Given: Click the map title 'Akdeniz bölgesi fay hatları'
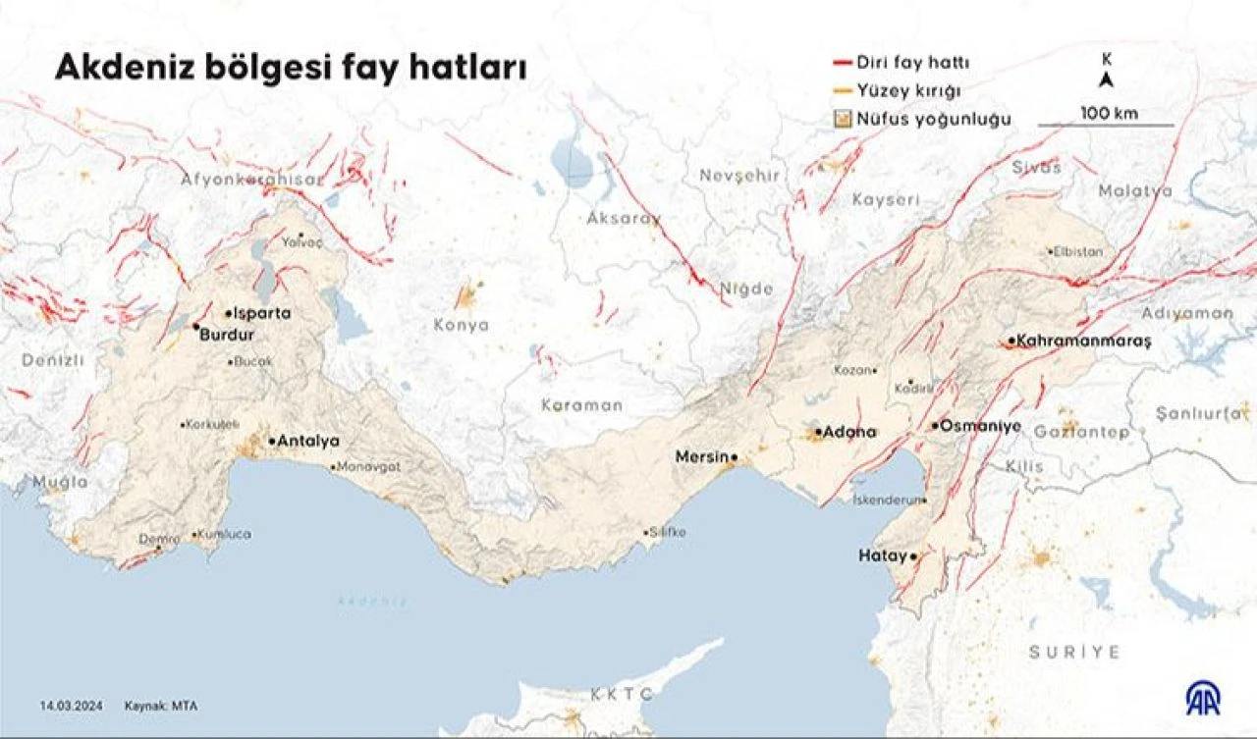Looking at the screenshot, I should [290, 68].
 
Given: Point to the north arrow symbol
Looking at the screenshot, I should [1106, 79].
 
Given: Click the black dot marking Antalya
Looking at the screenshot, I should [272, 442].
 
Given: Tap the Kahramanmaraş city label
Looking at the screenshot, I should [1083, 341].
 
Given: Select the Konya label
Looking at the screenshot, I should [461, 325].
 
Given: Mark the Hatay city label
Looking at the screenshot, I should [881, 555].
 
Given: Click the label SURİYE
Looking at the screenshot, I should [1073, 652].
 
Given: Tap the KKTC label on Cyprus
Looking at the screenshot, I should [622, 694].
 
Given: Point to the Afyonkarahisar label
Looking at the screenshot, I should [250, 180].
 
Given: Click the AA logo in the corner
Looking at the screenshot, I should [1203, 697].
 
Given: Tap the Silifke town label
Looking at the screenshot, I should [669, 532].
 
